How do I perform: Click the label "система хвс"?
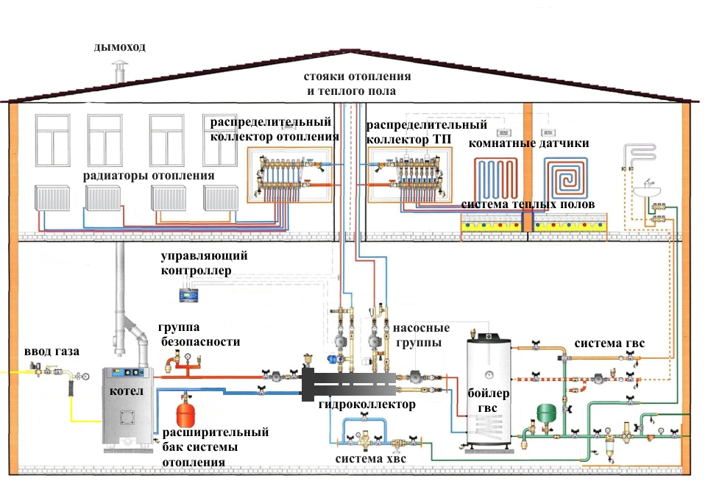click(x=370, y=460)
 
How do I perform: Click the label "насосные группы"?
click(x=417, y=336)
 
